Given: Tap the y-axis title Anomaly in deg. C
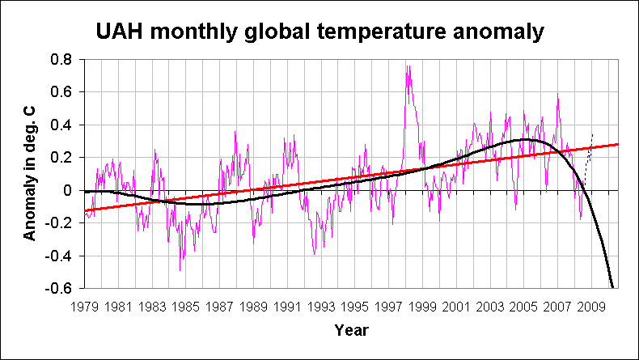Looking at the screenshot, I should coord(30,173).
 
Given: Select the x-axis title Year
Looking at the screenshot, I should coord(352,330).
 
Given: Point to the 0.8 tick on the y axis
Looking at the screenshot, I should coord(62,60).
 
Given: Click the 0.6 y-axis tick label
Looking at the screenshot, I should coord(62,92).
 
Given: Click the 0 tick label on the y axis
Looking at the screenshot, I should coord(69,191).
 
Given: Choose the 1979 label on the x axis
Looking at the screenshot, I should coord(84,307).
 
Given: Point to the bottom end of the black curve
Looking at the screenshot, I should coord(612,286).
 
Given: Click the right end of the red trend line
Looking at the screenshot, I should coord(617,144).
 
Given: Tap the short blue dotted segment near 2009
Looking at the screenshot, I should coord(589,150).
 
